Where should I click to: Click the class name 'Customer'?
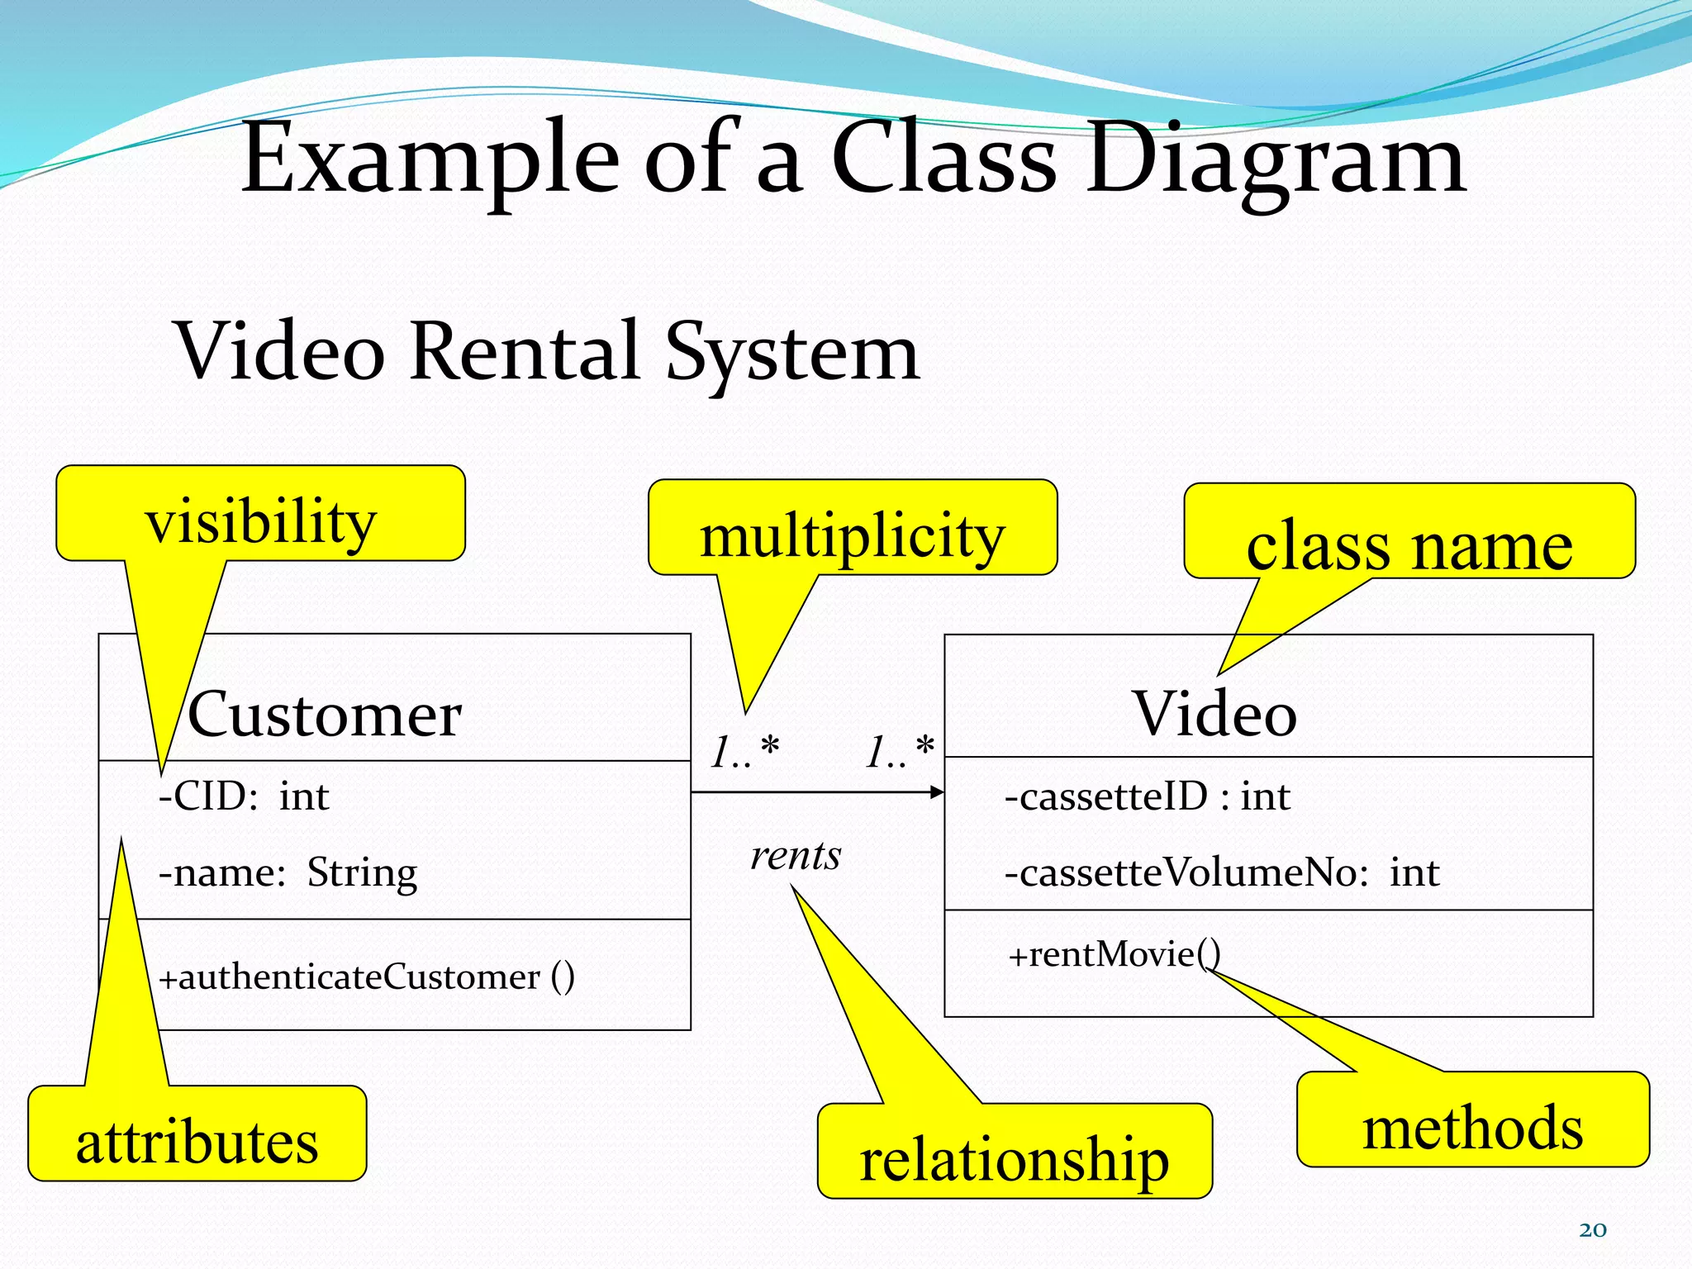click(x=324, y=714)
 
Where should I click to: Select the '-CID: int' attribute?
click(x=244, y=796)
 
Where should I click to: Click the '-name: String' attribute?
click(x=288, y=872)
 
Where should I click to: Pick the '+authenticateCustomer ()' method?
click(x=366, y=977)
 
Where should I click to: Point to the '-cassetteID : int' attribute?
click(x=1147, y=796)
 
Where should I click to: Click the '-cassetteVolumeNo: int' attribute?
click(x=1221, y=872)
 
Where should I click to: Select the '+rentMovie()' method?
click(x=1114, y=955)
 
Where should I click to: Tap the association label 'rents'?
click(x=795, y=855)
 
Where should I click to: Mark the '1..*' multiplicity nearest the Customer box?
click(x=744, y=752)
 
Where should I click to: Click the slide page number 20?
click(x=1593, y=1229)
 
